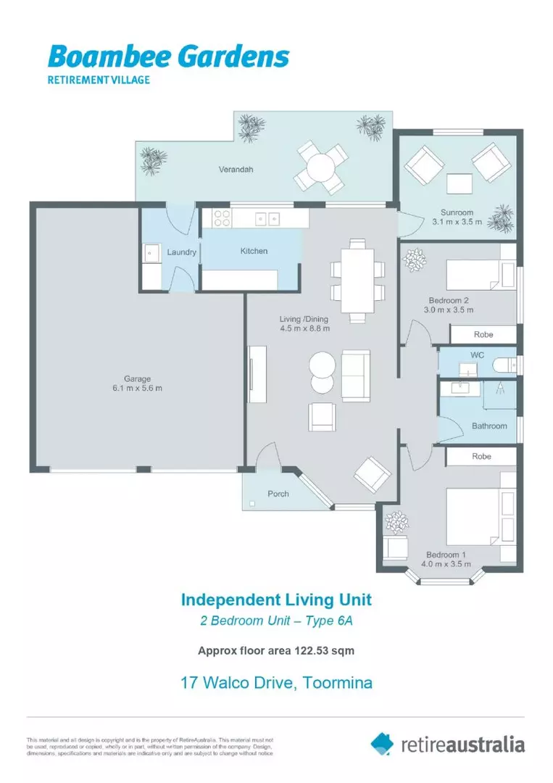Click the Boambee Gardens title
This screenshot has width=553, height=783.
pos(168,56)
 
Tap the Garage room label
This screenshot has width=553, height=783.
pos(137,378)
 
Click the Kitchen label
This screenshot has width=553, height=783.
pos(254,251)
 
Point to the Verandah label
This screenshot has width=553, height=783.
pos(235,170)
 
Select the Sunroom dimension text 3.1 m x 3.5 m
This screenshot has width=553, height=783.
pos(457,222)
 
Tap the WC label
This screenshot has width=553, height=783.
pos(477,355)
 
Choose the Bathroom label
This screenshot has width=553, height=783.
pos(489,426)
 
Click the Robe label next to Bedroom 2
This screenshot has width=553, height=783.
pos(483,335)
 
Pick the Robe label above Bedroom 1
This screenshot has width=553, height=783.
pos(481,456)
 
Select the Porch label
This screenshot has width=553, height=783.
pos(278,494)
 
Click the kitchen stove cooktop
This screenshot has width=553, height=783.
pos(221,218)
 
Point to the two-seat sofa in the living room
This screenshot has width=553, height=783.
pos(355,375)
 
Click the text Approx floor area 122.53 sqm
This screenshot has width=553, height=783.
pos(276,650)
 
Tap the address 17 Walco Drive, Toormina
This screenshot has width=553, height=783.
pos(276,683)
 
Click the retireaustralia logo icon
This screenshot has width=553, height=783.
pos(382,743)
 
